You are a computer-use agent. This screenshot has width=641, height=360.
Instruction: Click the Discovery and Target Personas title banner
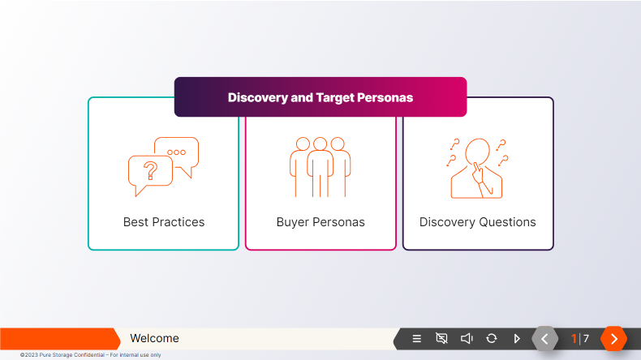[320, 97]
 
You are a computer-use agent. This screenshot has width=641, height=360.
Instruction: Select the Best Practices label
[164, 222]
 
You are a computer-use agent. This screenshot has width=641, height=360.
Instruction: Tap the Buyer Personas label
[320, 222]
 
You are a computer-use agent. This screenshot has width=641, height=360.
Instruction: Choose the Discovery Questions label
[477, 222]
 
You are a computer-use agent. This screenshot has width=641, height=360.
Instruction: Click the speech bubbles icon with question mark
[163, 166]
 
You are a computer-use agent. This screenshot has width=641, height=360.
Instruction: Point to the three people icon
[320, 166]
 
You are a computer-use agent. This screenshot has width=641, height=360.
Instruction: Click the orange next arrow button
[614, 338]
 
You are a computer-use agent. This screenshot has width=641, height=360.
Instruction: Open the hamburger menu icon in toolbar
[417, 339]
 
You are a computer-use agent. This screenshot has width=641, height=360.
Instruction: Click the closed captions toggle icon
[441, 338]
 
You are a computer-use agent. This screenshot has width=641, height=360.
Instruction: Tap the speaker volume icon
[467, 338]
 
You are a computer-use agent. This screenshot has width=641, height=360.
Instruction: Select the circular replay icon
[492, 338]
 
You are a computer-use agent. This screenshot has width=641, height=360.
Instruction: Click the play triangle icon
[517, 338]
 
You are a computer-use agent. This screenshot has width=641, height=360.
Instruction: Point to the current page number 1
[574, 338]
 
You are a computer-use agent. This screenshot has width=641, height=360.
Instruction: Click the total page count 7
[586, 338]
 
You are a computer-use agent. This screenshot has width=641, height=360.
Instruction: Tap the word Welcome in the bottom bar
[154, 338]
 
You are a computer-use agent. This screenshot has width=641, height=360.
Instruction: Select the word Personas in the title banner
[385, 97]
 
